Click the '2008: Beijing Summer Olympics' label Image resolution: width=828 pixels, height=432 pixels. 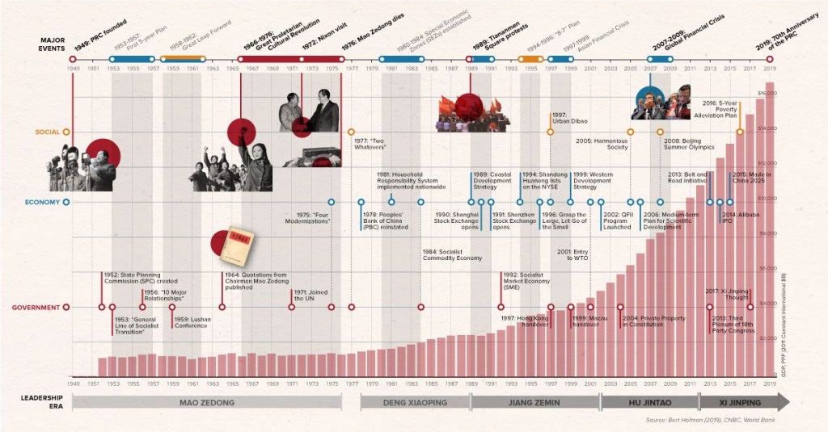689,145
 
